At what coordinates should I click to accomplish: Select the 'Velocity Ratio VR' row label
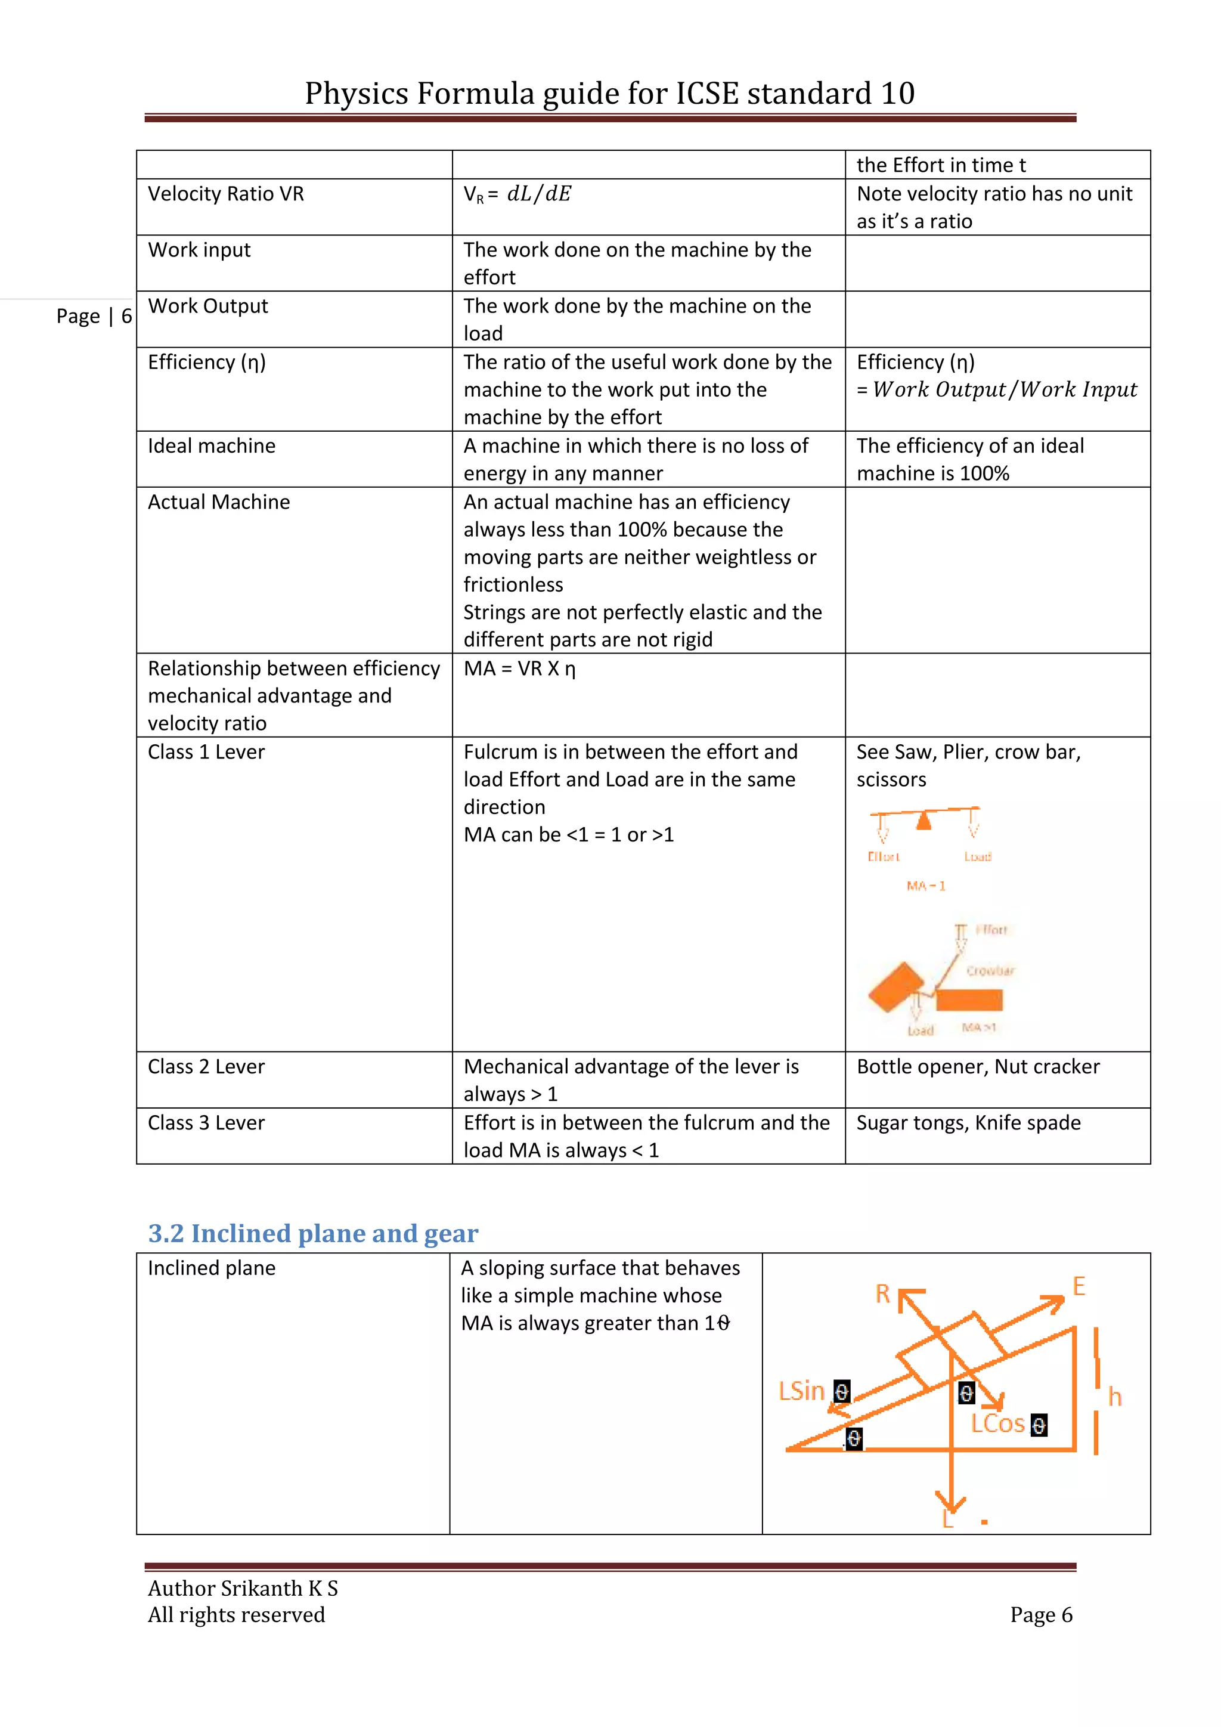pos(225,194)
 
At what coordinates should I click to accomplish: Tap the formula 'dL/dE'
pos(538,194)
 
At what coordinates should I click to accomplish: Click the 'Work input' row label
pos(199,250)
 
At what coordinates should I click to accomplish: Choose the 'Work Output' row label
pos(207,306)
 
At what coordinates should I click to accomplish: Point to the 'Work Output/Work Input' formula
pos(1005,389)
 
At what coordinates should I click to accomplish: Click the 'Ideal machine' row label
pos(211,446)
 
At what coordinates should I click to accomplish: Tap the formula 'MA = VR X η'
pos(519,668)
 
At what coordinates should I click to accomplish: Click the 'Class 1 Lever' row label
pos(206,752)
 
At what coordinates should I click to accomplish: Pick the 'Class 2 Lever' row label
pos(206,1067)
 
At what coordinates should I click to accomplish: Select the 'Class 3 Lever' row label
pos(206,1123)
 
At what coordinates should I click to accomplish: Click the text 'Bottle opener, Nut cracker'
pos(977,1067)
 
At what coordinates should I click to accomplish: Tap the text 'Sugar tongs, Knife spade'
pos(968,1123)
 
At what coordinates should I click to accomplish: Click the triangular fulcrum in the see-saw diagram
pos(924,820)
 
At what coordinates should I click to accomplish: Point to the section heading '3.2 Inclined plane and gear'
pos(313,1234)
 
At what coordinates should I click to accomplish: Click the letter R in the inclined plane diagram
pos(883,1293)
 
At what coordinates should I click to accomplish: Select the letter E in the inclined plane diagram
pos(1079,1286)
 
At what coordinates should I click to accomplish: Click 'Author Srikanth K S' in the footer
pos(243,1588)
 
